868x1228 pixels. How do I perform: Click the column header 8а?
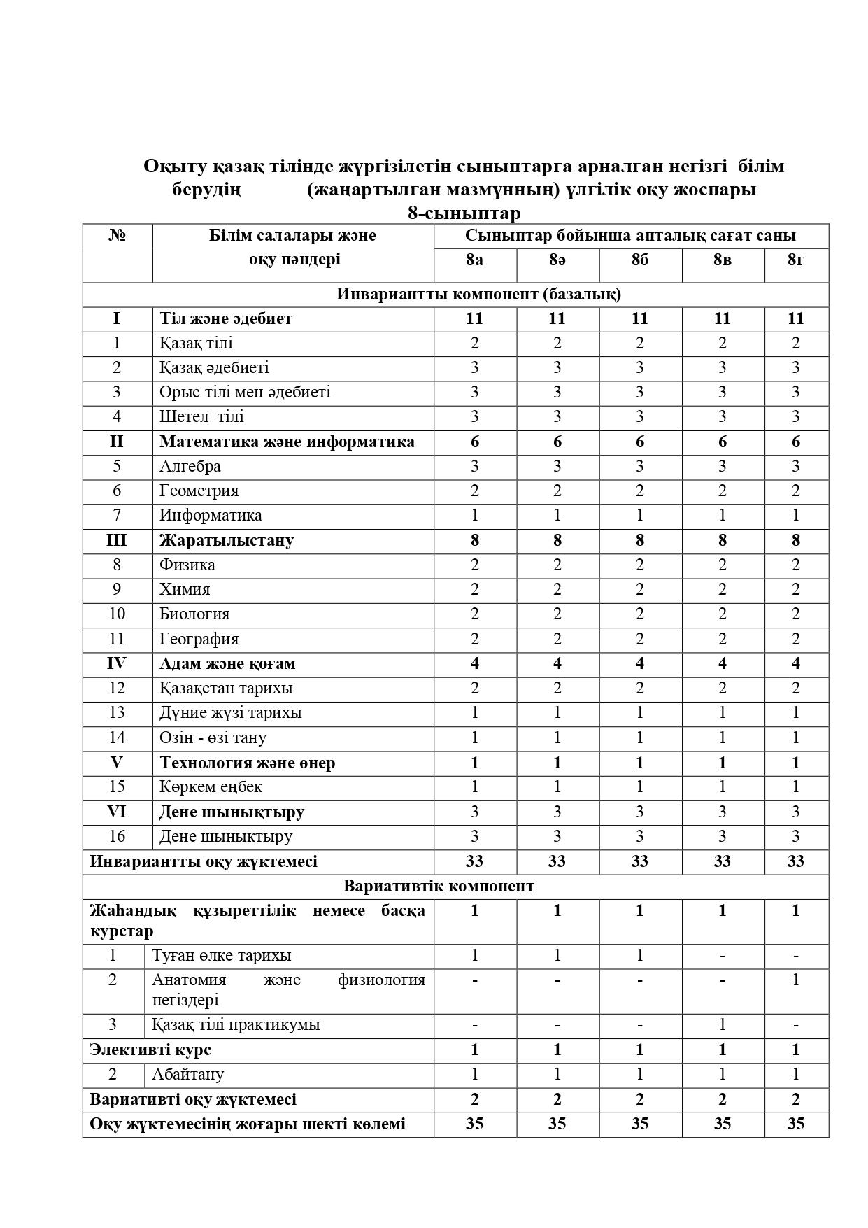click(474, 260)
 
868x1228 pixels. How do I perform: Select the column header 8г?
click(795, 260)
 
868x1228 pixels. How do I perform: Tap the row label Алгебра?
click(190, 466)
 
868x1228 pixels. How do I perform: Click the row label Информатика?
click(211, 516)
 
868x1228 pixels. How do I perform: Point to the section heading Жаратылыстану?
click(227, 540)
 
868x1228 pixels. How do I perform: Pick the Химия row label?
click(185, 589)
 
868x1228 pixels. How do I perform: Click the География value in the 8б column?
click(639, 639)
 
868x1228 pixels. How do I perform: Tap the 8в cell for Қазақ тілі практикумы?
click(722, 1025)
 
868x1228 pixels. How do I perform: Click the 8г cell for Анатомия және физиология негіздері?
click(795, 980)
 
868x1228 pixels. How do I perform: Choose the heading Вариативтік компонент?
click(439, 886)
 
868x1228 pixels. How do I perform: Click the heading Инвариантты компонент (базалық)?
click(478, 294)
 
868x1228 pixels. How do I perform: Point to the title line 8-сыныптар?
click(464, 213)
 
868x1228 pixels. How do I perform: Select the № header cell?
click(117, 235)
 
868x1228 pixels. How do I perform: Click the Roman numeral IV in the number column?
click(117, 663)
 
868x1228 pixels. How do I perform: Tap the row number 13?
click(117, 712)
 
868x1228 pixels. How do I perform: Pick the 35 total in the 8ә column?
click(557, 1124)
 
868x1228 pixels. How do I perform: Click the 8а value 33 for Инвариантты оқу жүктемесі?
click(474, 861)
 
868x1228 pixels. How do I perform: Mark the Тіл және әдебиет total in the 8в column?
click(722, 319)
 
